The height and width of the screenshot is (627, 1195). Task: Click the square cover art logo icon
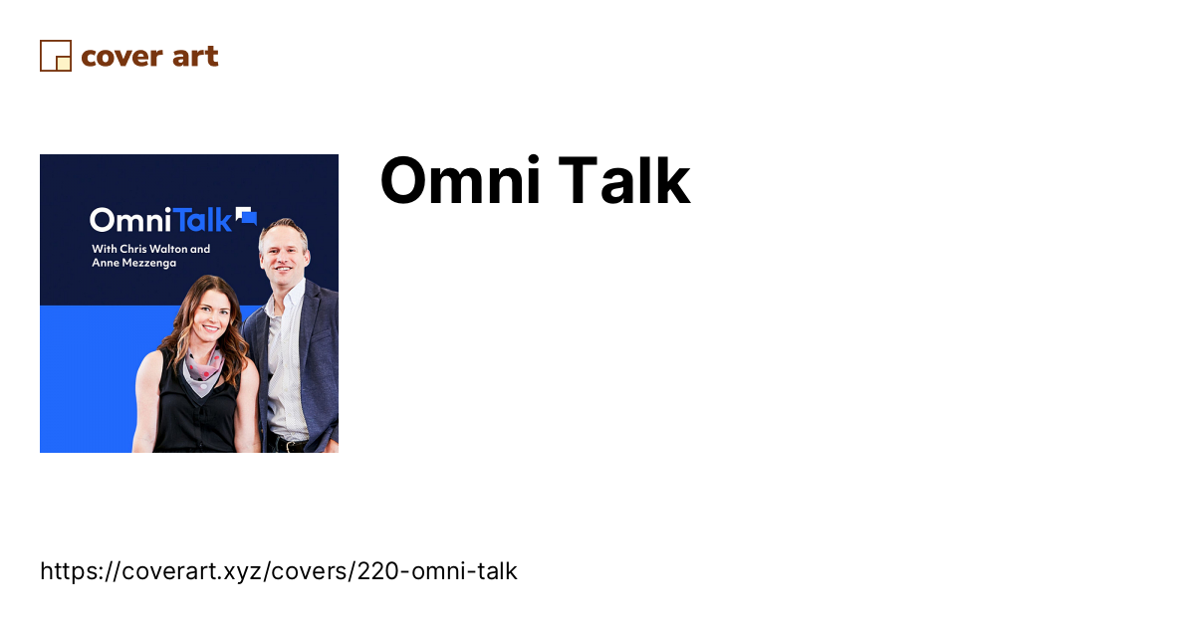56,56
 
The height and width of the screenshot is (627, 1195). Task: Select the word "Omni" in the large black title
460,180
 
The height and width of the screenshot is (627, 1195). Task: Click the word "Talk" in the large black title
624,180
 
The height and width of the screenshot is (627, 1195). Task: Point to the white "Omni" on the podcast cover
130,220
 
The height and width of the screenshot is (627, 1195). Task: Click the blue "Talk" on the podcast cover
203,220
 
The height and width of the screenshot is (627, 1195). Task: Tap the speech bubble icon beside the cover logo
247,215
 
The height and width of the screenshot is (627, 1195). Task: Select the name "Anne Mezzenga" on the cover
133,263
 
